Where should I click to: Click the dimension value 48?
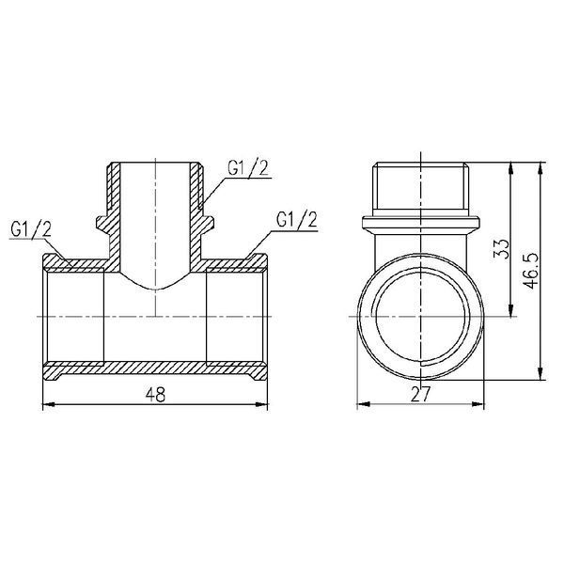tap(155, 395)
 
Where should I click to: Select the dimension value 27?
tap(420, 394)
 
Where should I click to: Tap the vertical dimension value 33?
tap(502, 249)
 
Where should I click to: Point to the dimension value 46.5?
tap(531, 271)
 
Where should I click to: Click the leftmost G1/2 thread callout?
tap(31, 229)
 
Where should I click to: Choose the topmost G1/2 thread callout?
tap(248, 168)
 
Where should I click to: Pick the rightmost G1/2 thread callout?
tap(297, 219)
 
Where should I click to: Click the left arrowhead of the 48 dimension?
tap(49, 404)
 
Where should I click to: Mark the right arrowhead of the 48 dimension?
tap(261, 404)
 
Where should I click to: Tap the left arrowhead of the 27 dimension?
tap(363, 404)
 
